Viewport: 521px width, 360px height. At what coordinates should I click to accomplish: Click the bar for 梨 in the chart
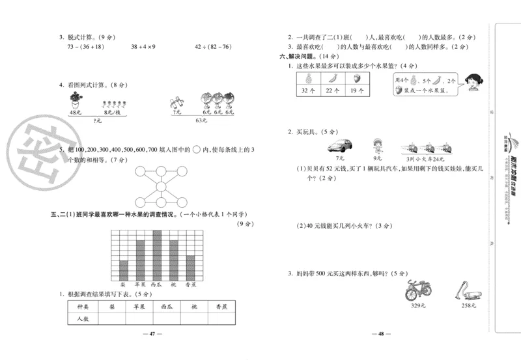coord(123,270)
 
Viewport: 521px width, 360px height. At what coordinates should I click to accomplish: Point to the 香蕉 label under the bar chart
coord(191,284)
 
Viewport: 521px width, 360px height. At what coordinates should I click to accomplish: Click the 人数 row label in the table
coord(83,319)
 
